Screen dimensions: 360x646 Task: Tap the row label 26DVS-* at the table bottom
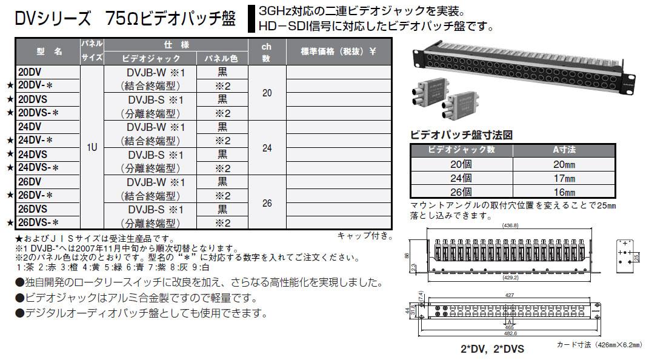(x=38, y=223)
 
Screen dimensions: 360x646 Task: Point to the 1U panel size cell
(x=92, y=147)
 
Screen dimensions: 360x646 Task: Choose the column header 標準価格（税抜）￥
(x=338, y=52)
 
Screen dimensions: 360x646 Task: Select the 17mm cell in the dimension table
(x=564, y=178)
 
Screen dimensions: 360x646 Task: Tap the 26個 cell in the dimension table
(x=462, y=191)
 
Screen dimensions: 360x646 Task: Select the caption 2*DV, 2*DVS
(x=491, y=350)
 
